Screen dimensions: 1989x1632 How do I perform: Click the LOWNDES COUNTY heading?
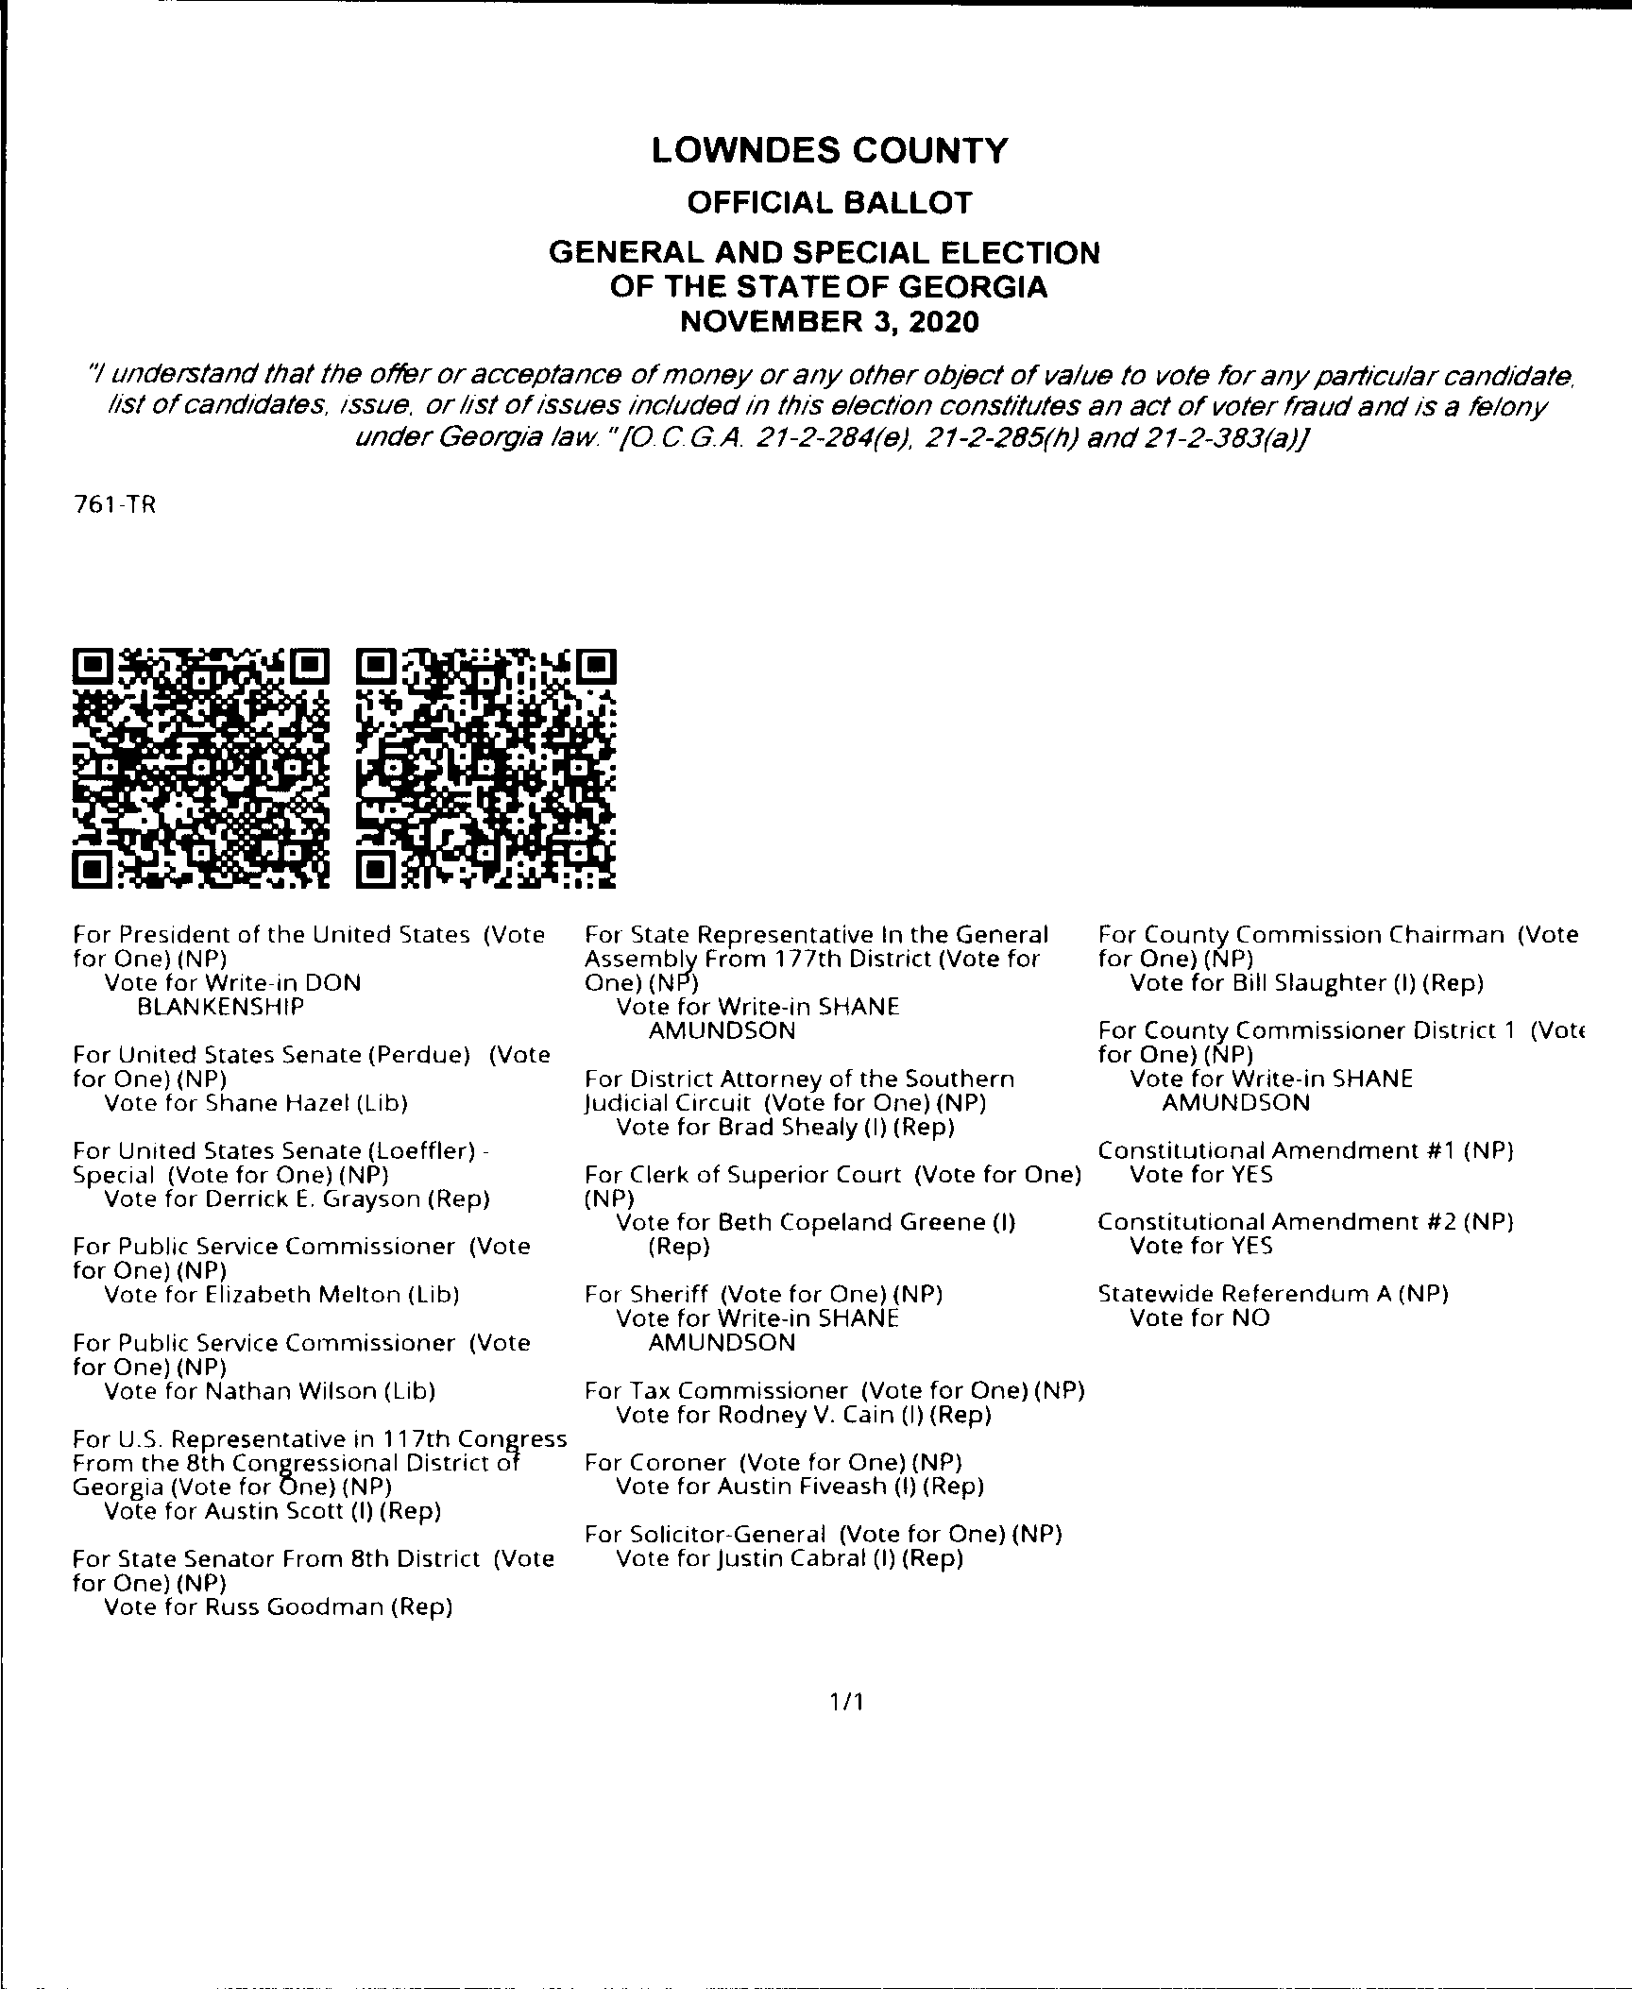(x=829, y=151)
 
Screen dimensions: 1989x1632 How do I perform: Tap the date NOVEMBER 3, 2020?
(x=829, y=322)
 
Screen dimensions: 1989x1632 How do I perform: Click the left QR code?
(x=201, y=768)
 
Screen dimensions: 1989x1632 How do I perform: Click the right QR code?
(x=487, y=768)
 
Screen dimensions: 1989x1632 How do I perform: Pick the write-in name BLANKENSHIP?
(x=221, y=1007)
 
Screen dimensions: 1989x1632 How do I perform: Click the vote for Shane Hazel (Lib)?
(x=256, y=1103)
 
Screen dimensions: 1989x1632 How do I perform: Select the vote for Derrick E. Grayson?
(x=297, y=1199)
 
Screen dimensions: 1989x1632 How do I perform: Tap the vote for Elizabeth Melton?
(x=281, y=1295)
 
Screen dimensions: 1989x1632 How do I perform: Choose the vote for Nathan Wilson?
(x=269, y=1391)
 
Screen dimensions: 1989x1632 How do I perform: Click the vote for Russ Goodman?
(x=279, y=1607)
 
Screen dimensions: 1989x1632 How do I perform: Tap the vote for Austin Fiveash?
(x=800, y=1487)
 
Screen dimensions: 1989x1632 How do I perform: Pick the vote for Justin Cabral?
(x=790, y=1559)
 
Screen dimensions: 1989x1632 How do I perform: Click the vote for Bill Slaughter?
(x=1307, y=983)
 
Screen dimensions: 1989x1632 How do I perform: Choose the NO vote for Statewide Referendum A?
(x=1200, y=1318)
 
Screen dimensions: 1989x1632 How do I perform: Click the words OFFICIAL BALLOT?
(x=829, y=203)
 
